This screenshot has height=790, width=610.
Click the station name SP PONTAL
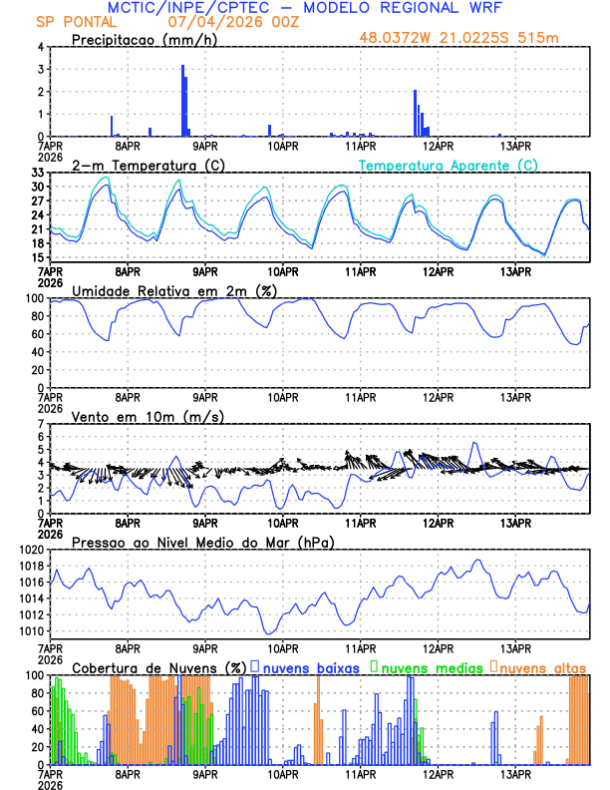(69, 21)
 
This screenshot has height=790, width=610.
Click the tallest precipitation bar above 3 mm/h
(182, 100)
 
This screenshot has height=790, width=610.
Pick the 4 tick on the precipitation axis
(40, 47)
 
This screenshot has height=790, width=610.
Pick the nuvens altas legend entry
(542, 666)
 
